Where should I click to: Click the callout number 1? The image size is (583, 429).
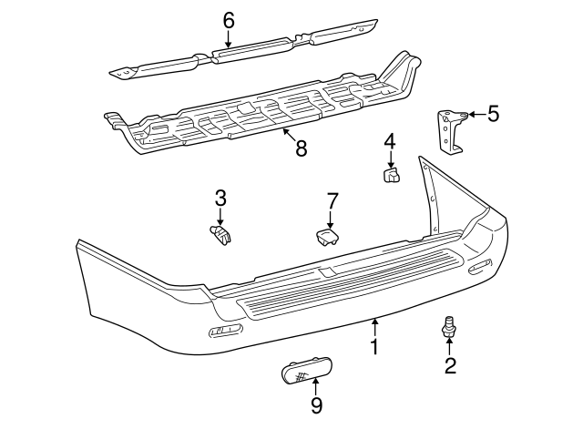(x=373, y=346)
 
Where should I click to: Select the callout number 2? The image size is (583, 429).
(x=450, y=366)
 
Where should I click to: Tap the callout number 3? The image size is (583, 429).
(x=220, y=198)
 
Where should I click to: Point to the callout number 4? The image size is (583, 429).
(x=389, y=141)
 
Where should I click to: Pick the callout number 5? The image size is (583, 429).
(x=493, y=114)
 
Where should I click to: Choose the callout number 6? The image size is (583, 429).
(x=228, y=20)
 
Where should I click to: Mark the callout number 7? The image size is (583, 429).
(x=332, y=199)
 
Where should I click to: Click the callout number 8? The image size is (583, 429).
(x=302, y=148)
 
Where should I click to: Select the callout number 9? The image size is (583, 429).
(x=316, y=405)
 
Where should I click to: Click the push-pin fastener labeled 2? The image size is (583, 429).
(x=449, y=325)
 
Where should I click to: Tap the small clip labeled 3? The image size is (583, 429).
(x=220, y=235)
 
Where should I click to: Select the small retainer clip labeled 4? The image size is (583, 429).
(x=392, y=173)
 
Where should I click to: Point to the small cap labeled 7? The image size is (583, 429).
(x=328, y=237)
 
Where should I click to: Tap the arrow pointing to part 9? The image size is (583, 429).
(x=316, y=388)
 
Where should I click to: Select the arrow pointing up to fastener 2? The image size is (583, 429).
(x=450, y=347)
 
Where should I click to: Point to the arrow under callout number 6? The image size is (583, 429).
(x=228, y=38)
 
